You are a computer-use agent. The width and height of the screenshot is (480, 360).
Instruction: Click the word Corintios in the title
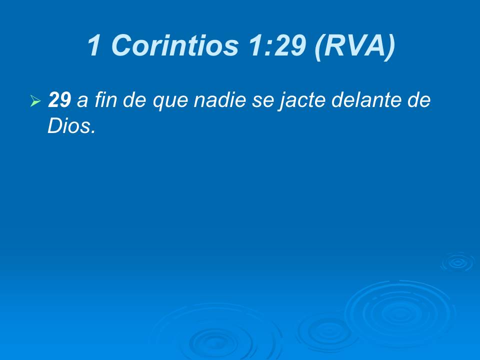click(x=174, y=46)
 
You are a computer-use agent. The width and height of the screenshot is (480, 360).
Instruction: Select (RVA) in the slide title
click(x=354, y=46)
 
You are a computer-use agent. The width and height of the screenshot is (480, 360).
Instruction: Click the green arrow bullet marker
click(x=34, y=102)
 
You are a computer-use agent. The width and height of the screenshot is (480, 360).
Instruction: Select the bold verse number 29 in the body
click(x=59, y=101)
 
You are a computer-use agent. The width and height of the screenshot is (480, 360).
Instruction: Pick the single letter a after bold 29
click(x=81, y=102)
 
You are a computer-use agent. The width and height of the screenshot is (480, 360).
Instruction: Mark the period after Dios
click(x=92, y=132)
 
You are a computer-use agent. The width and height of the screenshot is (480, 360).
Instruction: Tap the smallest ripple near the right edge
click(x=456, y=261)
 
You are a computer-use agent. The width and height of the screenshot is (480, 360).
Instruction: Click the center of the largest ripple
click(x=400, y=312)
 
